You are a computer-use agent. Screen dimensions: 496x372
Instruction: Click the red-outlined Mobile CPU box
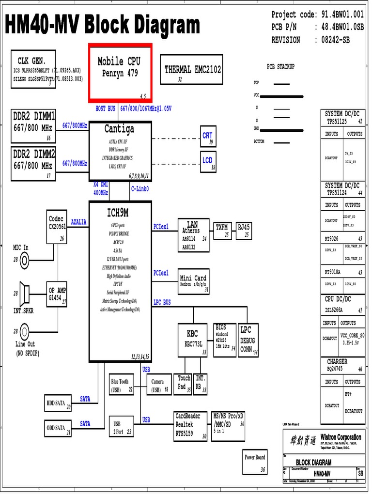pos(120,73)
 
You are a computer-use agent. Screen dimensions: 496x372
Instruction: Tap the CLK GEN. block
pos(32,69)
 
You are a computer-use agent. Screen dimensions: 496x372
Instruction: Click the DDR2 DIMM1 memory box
pos(33,126)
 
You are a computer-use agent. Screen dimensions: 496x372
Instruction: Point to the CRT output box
pos(207,136)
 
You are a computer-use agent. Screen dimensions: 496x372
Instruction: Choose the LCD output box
pos(207,161)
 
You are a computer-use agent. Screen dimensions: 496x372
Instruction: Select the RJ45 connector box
pos(244,230)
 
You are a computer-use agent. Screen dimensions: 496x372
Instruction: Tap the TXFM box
pos(222,230)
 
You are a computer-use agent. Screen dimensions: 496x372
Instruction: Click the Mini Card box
pos(194,281)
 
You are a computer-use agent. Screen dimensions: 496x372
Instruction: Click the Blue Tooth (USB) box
pos(121,385)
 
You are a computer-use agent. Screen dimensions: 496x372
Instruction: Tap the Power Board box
pos(255,462)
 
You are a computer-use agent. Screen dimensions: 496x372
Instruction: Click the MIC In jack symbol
pos(24,260)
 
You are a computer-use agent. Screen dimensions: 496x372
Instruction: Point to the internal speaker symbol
pos(24,292)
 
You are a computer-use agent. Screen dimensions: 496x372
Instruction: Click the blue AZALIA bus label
pos(78,222)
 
